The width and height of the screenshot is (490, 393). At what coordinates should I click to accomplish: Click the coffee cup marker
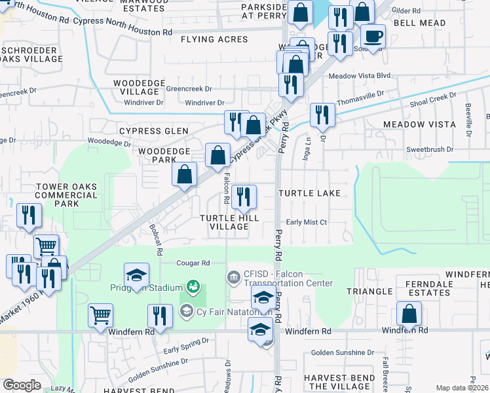click(x=373, y=36)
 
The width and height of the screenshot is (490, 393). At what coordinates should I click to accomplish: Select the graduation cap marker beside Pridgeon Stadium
click(x=136, y=276)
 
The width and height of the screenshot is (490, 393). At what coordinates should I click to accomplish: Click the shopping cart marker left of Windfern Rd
click(x=100, y=316)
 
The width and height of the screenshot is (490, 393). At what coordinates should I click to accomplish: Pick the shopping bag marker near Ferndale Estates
click(x=409, y=314)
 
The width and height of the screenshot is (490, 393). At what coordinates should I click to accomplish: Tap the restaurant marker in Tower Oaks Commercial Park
click(x=29, y=216)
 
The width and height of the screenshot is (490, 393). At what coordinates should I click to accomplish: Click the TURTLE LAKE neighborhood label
click(x=309, y=193)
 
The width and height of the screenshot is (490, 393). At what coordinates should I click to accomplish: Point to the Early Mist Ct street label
click(x=306, y=222)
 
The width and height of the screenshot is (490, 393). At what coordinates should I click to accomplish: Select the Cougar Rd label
click(x=193, y=263)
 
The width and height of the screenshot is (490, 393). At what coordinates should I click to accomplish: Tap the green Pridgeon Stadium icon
click(x=193, y=287)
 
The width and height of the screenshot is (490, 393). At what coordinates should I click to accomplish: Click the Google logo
click(x=22, y=385)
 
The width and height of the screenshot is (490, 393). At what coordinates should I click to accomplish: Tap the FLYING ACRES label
click(x=214, y=39)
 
